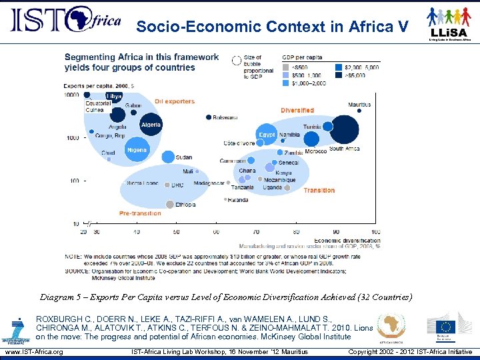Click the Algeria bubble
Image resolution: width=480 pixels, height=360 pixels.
[151, 125]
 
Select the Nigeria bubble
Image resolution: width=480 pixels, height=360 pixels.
[137, 151]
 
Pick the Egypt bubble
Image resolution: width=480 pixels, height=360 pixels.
[267, 134]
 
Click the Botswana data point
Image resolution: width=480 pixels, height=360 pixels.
[209, 117]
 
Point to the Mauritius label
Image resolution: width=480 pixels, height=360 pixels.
[359, 105]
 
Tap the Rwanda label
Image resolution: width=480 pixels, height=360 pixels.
[238, 200]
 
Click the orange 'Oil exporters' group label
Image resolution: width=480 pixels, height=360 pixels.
[175, 101]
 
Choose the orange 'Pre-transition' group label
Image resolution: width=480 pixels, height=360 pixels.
[140, 213]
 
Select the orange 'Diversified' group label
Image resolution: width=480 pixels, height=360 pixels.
[297, 110]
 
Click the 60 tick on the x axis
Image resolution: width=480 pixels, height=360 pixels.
[216, 231]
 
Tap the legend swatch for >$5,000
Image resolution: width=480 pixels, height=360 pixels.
[338, 75]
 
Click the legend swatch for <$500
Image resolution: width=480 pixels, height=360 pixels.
[286, 67]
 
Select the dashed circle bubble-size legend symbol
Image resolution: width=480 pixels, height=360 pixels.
[236, 60]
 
